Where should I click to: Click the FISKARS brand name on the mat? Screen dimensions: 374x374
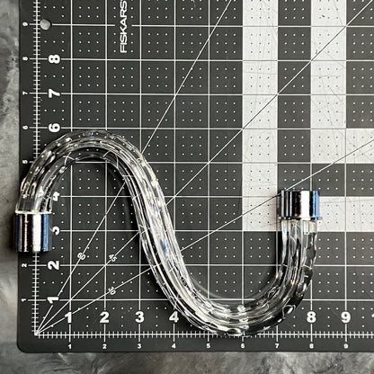[x=123, y=26]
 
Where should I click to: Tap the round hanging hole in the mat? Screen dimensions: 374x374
[x=45, y=24]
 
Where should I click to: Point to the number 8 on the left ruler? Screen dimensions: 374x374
[x=54, y=59]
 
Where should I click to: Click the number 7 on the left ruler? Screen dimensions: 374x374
[x=54, y=93]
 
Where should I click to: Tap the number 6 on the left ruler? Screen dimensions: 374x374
[x=54, y=128]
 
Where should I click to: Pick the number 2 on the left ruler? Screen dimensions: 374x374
[x=54, y=264]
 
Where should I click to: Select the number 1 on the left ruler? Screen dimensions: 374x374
[x=54, y=298]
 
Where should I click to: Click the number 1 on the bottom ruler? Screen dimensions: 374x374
[x=69, y=316]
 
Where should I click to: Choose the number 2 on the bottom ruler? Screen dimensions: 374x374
[x=104, y=316]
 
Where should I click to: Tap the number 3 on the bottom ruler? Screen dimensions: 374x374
[x=138, y=316]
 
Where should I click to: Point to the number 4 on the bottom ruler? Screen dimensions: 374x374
[x=173, y=316]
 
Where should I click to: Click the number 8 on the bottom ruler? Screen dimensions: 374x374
[x=310, y=316]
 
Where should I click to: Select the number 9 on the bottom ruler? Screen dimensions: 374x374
[x=344, y=316]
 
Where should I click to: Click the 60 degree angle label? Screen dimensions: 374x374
[x=81, y=256]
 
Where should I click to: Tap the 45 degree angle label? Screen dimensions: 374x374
[x=112, y=259]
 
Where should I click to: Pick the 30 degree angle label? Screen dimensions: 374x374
[x=112, y=289]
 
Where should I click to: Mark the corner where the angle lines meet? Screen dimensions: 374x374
[x=36, y=334]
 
